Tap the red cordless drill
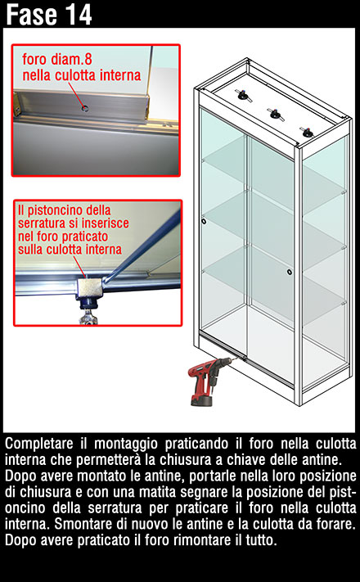[x=209, y=381]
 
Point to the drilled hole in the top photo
[x=85, y=108]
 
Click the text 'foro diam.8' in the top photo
[x=57, y=60]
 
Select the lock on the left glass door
[x=204, y=221]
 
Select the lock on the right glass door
[x=289, y=272]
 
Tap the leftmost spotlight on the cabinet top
[x=245, y=96]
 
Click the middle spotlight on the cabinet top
[x=276, y=115]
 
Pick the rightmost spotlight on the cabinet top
[x=307, y=132]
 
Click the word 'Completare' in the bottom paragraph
[x=39, y=444]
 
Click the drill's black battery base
[x=201, y=400]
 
